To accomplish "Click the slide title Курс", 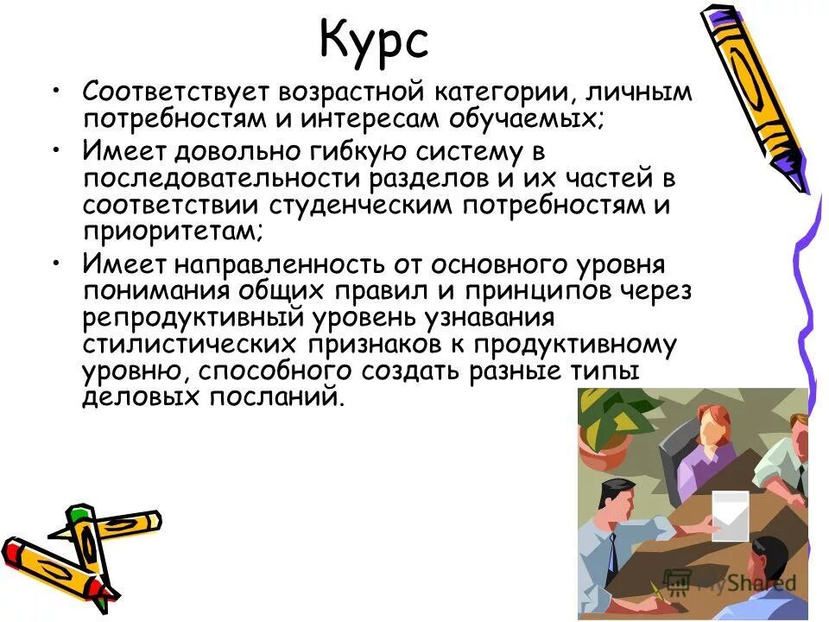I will (x=373, y=41).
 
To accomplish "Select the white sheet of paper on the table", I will (x=730, y=516).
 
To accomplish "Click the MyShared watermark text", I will (x=743, y=583).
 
